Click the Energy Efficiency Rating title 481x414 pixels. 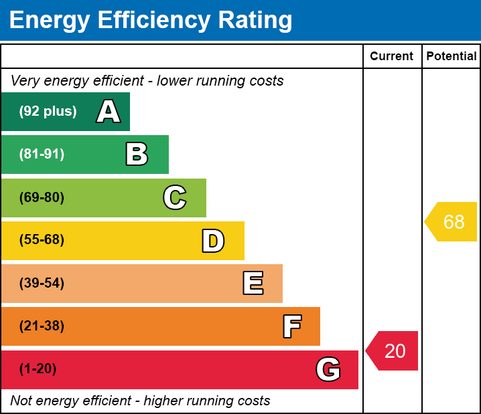pyautogui.click(x=151, y=21)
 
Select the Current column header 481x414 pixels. pyautogui.click(x=392, y=57)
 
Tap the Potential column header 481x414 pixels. pyautogui.click(x=452, y=57)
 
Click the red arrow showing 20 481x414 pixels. pyautogui.click(x=393, y=350)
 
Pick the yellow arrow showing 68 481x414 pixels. pyautogui.click(x=452, y=221)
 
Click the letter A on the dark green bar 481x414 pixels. pyautogui.click(x=109, y=112)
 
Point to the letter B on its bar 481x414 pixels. pyautogui.click(x=137, y=154)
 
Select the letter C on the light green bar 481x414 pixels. pyautogui.click(x=175, y=197)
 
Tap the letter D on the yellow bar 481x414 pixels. pyautogui.click(x=213, y=241)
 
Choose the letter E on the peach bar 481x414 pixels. pyautogui.click(x=253, y=284)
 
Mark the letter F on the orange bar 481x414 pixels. pyautogui.click(x=291, y=326)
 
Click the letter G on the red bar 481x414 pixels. pyautogui.click(x=328, y=369)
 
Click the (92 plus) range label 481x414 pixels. pyautogui.click(x=48, y=112)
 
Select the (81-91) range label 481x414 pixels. pyautogui.click(x=42, y=154)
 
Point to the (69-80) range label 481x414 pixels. pyautogui.click(x=42, y=197)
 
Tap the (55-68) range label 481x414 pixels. pyautogui.click(x=42, y=240)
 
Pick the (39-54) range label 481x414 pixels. pyautogui.click(x=42, y=283)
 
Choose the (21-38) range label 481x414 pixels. pyautogui.click(x=42, y=326)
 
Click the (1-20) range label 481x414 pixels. pyautogui.click(x=38, y=369)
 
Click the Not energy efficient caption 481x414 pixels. pyautogui.click(x=140, y=401)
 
